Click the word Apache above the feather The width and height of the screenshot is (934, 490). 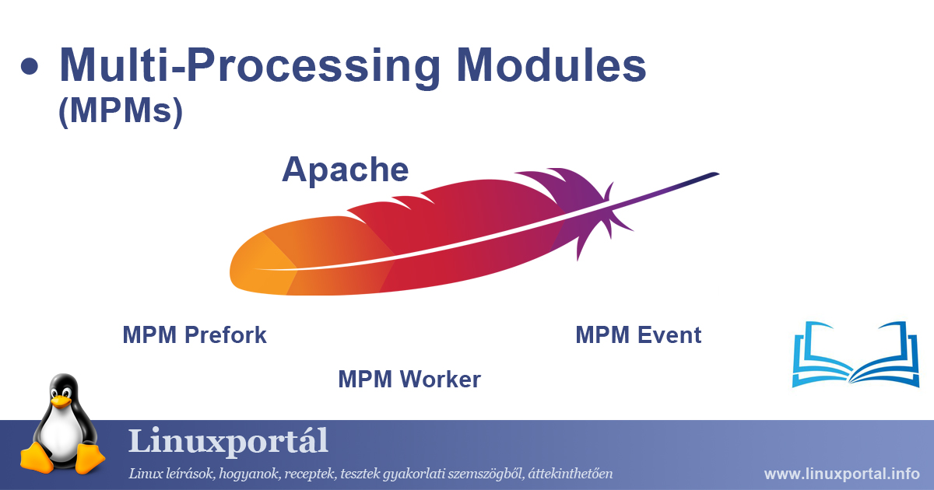tap(345, 169)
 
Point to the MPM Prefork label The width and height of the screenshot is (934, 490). tap(195, 335)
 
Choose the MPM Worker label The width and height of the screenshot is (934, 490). tap(409, 380)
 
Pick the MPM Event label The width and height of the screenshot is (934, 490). tap(638, 335)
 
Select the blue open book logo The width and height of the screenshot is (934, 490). tap(855, 354)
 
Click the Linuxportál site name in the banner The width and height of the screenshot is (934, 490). tap(227, 442)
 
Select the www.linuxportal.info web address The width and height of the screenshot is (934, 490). tap(841, 474)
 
